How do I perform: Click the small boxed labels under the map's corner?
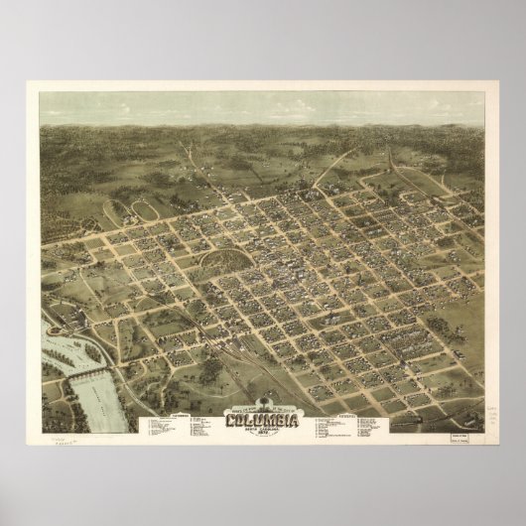pos(459,423)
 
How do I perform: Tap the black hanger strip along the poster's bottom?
pos(263,520)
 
